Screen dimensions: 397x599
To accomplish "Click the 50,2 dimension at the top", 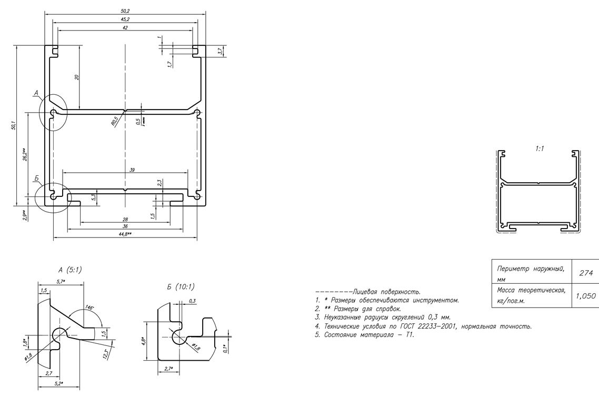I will pyautogui.click(x=125, y=11).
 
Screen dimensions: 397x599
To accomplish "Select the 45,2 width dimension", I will pyautogui.click(x=125, y=19).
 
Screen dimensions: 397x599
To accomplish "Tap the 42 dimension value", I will pyautogui.click(x=125, y=27).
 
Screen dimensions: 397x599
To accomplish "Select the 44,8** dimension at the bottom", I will pyautogui.click(x=125, y=234).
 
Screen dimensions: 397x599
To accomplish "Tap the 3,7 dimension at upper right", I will pyautogui.click(x=221, y=51).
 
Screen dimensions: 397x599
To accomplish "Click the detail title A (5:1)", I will pyautogui.click(x=67, y=270).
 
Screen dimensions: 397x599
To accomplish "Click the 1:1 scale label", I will pyautogui.click(x=540, y=149).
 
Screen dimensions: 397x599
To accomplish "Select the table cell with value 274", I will pyautogui.click(x=584, y=273).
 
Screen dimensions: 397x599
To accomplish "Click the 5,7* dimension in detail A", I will pyautogui.click(x=61, y=282).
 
